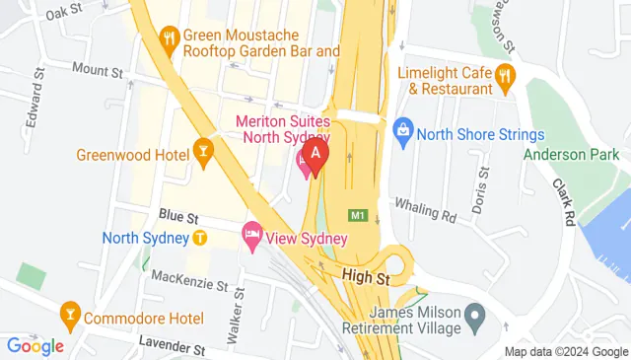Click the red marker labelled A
(x=315, y=155)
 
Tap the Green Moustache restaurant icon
(x=169, y=38)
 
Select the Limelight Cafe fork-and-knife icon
(x=504, y=75)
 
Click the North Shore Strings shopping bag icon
(x=402, y=129)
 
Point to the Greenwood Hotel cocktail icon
(x=204, y=151)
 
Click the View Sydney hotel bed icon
(x=250, y=235)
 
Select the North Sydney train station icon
(x=199, y=238)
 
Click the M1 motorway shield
(x=357, y=215)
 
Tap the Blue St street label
(x=178, y=214)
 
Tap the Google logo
(x=35, y=345)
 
